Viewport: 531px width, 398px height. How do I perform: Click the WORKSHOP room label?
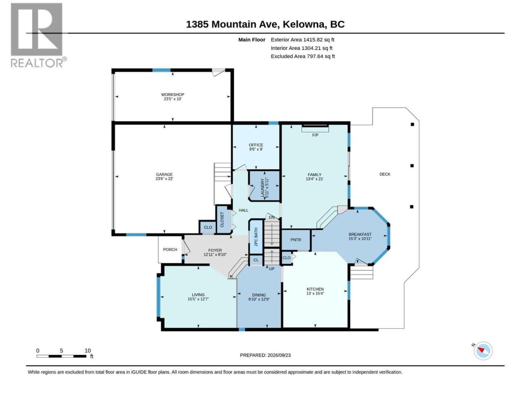click(173, 95)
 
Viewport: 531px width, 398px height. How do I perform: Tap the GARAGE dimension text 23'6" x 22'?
click(164, 179)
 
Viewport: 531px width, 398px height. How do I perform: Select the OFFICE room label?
click(256, 145)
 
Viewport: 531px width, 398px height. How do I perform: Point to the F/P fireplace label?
click(315, 135)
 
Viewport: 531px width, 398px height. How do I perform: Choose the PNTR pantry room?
click(296, 240)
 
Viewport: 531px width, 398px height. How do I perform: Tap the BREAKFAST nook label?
click(360, 234)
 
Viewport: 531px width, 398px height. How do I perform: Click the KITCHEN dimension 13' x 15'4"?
click(315, 294)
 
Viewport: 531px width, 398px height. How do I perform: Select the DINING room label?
click(259, 295)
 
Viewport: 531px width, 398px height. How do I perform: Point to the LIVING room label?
click(198, 295)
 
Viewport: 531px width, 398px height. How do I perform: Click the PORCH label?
click(170, 250)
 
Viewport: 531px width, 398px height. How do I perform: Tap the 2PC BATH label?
click(256, 237)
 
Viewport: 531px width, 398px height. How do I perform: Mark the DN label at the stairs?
click(272, 218)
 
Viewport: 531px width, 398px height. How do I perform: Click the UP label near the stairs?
click(272, 269)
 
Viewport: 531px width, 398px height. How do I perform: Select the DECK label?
click(385, 174)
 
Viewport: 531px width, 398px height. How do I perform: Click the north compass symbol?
click(482, 350)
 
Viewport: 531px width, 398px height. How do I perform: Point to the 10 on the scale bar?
click(88, 351)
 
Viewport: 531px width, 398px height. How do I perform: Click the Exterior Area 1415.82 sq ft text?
click(302, 40)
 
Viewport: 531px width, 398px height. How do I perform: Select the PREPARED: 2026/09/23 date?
click(265, 355)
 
